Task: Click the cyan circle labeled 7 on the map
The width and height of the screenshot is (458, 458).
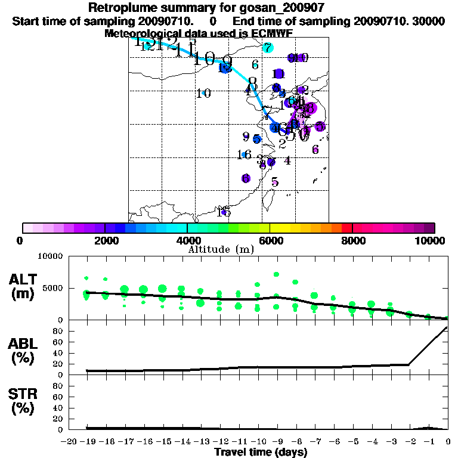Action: coord(268,48)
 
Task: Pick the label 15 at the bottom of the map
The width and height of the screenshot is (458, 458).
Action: coord(225,212)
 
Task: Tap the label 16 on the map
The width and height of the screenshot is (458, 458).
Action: coord(244,155)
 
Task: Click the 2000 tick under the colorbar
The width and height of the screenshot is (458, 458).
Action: coord(105,241)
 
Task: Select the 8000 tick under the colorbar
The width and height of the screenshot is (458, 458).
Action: coord(352,241)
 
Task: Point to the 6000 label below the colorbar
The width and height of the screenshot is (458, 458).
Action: coord(270,241)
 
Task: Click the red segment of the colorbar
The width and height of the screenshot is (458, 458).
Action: coord(347,228)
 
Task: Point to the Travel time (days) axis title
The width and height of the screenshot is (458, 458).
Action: coord(261,452)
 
